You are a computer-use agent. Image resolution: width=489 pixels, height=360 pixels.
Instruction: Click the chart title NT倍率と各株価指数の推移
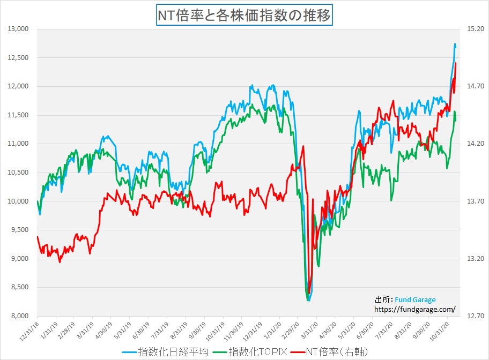point(244,15)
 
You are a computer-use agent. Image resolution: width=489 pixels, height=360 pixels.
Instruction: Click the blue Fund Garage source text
point(416,299)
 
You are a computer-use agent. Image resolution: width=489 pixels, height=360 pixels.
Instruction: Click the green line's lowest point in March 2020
point(308,301)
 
